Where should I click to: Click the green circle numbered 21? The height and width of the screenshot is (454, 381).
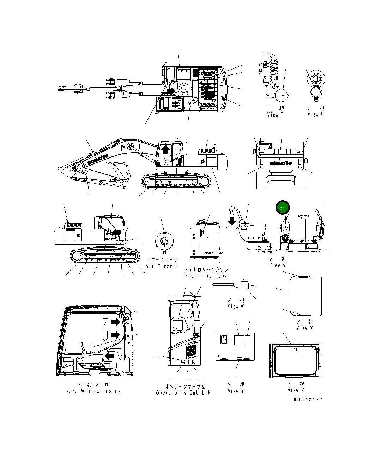point(282,209)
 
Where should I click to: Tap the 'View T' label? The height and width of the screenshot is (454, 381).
point(275,114)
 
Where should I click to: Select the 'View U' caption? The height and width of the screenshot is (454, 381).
point(315,114)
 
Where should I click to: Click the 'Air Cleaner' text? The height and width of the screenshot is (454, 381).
point(162,266)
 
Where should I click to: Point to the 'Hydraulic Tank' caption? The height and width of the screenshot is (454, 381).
point(206,275)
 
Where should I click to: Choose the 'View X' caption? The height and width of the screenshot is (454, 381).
point(304,328)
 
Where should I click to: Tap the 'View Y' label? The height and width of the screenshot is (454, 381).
point(236,390)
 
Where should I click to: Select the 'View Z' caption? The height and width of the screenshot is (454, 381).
point(296,390)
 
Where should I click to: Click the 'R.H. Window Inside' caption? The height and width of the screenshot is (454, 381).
point(93,391)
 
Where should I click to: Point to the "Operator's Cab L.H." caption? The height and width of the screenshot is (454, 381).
point(184,393)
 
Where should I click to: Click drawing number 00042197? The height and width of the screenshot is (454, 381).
point(308,399)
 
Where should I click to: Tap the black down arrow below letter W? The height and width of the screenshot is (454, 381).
point(231,221)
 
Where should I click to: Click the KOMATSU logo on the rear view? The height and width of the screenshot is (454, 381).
point(280,163)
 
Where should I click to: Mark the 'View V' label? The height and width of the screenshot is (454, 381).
point(277,265)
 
